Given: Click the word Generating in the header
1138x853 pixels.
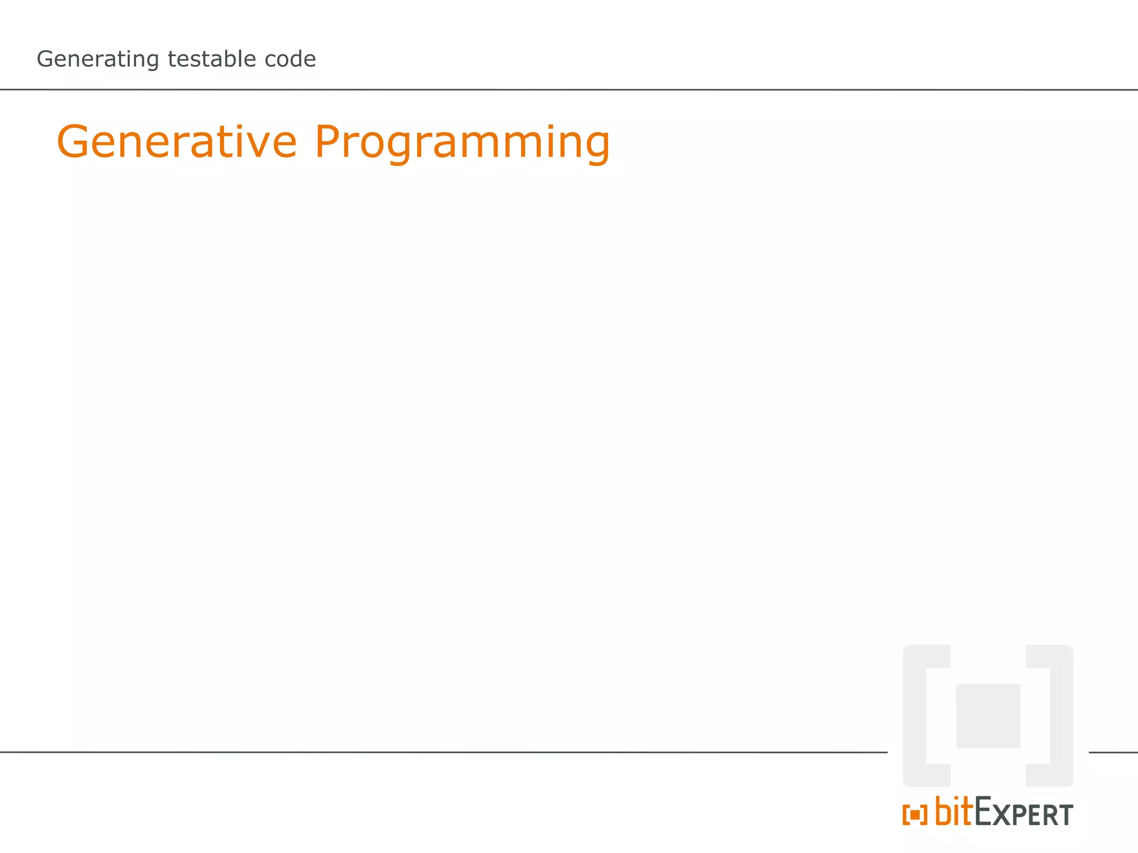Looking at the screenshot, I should pos(98,59).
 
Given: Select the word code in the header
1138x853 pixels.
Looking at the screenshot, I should pos(290,59).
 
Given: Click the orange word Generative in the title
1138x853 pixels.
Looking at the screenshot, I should pos(177,142).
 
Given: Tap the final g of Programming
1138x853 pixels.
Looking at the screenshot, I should pos(595,147).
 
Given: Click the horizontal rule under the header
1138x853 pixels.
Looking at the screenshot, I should pos(556,89).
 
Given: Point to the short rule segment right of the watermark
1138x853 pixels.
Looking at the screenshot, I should pos(1113,752).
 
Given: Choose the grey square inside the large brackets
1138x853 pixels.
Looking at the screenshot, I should pos(988,716).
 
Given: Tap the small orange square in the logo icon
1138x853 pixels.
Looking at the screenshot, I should pos(915,815).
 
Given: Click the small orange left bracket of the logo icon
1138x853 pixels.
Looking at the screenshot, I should pos(905,815).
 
